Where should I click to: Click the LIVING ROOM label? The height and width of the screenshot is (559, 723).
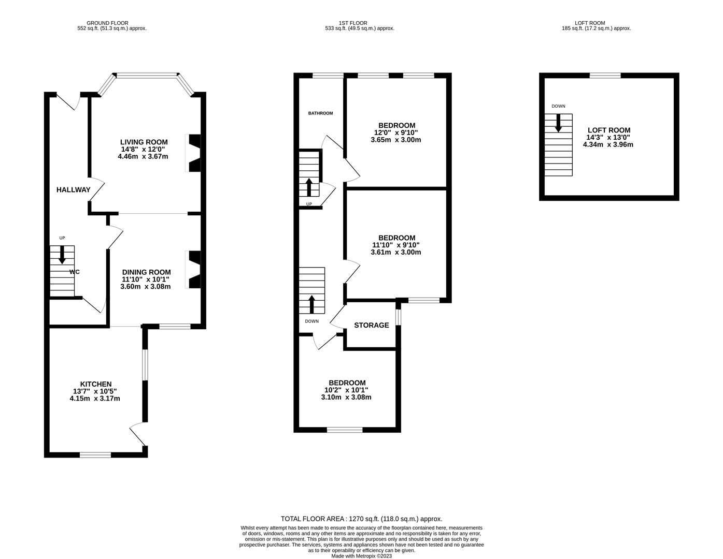[x=144, y=142]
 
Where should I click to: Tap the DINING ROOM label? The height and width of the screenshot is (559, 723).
[x=146, y=272]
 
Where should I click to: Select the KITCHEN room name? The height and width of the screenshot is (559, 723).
[x=96, y=384]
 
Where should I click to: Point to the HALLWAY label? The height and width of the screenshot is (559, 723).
[x=74, y=190]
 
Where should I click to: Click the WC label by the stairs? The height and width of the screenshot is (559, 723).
[x=75, y=272]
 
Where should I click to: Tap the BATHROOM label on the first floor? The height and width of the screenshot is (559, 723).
[x=320, y=113]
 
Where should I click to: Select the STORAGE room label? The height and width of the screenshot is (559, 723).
[x=371, y=326]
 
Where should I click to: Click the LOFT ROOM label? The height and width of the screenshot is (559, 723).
[x=608, y=130]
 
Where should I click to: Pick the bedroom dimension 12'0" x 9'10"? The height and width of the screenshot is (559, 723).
[x=396, y=133]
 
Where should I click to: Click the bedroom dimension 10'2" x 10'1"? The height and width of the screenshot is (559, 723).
[x=346, y=390]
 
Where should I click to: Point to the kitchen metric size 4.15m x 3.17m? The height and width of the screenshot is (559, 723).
[x=95, y=399]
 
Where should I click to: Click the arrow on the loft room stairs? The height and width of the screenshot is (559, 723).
[x=558, y=123]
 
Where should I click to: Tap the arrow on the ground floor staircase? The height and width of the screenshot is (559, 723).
[x=62, y=254]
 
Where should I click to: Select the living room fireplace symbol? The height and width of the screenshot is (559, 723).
[x=194, y=153]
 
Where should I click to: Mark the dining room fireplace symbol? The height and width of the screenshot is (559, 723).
[x=194, y=269]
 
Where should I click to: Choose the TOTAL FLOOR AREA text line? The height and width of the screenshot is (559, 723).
[x=361, y=519]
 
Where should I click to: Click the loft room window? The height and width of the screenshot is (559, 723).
[x=605, y=76]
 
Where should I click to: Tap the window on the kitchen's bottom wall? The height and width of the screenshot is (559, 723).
[x=95, y=455]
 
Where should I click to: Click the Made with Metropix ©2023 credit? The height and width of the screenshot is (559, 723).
[x=361, y=556]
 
